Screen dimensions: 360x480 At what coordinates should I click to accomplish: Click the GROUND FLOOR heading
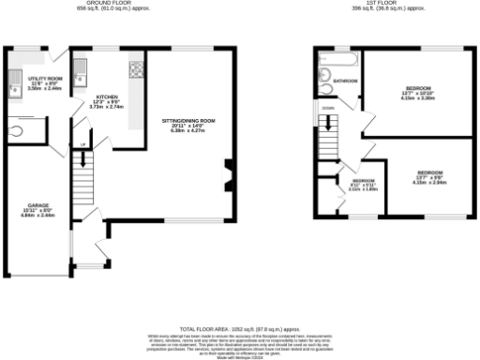tap(119, 3)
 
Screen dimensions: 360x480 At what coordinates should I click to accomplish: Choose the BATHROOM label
tap(345, 82)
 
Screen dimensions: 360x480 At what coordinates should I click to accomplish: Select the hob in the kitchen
tap(136, 68)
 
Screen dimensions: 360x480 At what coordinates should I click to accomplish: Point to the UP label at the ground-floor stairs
tap(82, 143)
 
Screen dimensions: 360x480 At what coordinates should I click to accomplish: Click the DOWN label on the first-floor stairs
tap(327, 108)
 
